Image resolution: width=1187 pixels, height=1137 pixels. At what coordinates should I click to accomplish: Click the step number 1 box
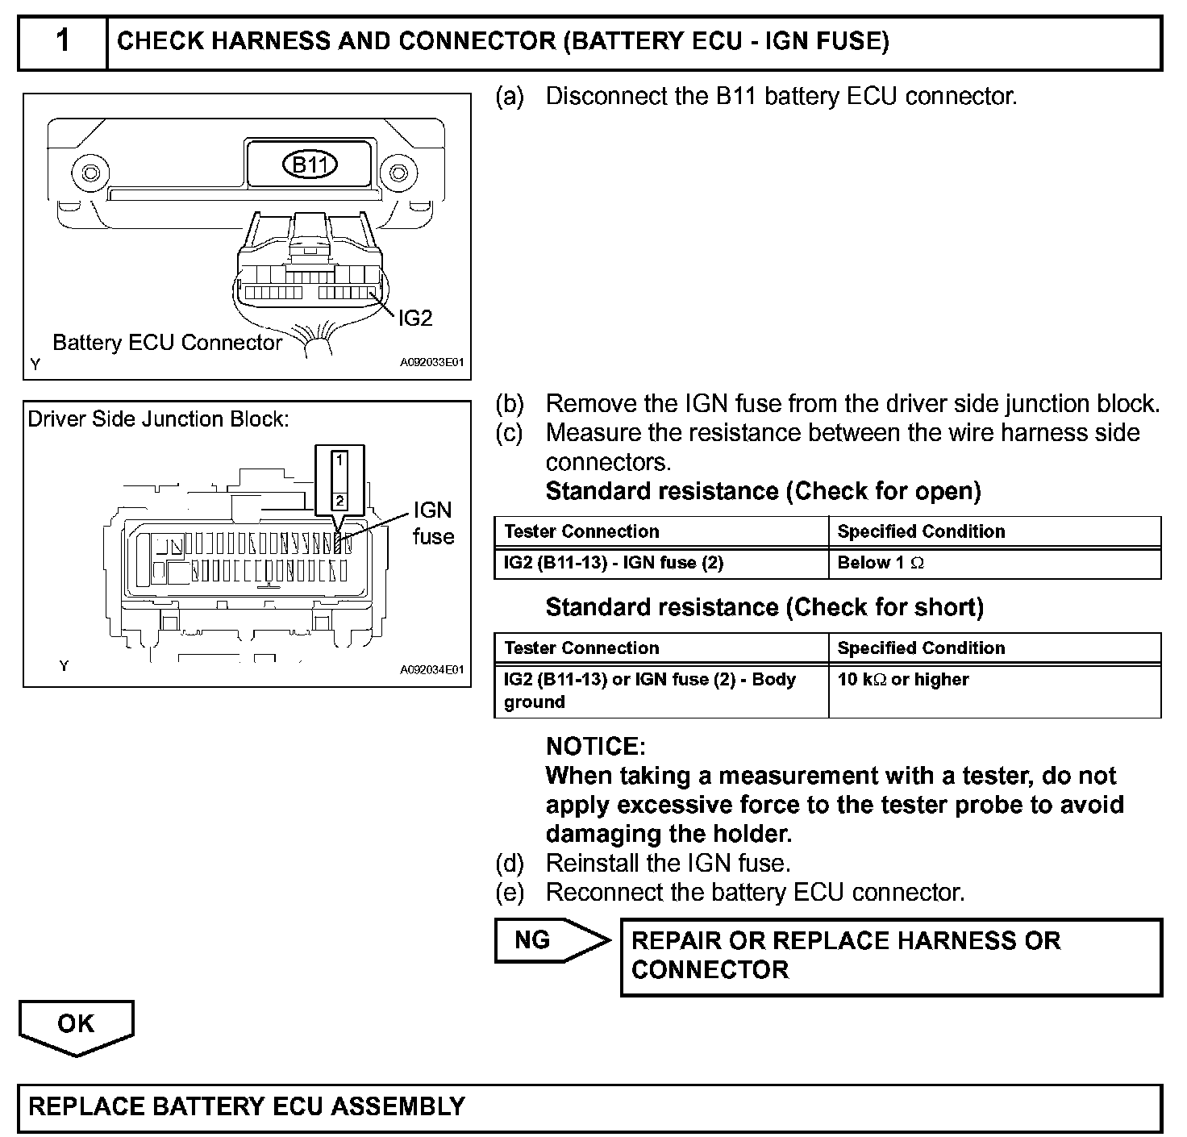(x=62, y=41)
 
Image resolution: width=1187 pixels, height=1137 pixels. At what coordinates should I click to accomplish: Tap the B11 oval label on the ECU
(x=310, y=165)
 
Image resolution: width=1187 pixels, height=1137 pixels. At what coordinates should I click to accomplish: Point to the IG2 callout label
(x=415, y=319)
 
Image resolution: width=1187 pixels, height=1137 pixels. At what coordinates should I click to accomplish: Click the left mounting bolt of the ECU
(x=90, y=173)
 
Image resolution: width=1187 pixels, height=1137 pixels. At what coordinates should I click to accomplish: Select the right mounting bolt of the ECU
(x=397, y=173)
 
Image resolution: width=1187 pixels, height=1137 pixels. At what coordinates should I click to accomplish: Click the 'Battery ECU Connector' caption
(x=167, y=343)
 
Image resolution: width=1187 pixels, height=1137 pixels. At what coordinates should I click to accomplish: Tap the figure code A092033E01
(x=432, y=364)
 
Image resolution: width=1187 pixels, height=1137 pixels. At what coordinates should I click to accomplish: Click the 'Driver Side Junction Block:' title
(x=158, y=419)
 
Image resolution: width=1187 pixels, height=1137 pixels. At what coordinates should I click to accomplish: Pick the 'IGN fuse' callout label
(x=433, y=523)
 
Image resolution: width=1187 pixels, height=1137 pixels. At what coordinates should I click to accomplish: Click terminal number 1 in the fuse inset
(x=339, y=460)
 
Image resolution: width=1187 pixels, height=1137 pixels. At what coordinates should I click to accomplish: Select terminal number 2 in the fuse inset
(x=339, y=501)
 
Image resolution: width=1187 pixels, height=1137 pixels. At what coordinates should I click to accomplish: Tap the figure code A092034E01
(x=432, y=669)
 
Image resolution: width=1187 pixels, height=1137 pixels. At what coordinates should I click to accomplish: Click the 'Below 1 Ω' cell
(x=881, y=563)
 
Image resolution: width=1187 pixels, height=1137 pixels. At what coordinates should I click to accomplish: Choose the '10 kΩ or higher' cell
(x=903, y=680)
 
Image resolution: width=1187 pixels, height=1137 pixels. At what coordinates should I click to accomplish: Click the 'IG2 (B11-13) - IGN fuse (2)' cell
(x=614, y=563)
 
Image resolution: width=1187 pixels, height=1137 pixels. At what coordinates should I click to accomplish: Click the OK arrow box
(x=76, y=1025)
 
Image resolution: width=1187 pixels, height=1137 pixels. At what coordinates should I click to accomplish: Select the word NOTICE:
(x=596, y=746)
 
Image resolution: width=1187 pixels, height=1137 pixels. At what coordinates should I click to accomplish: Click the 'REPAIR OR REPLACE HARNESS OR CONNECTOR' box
(x=891, y=956)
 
